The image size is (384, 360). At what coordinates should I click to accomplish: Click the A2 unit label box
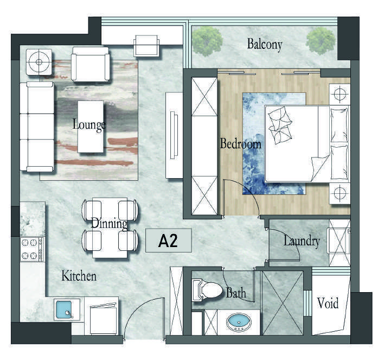168,241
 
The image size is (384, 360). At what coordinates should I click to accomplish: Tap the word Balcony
265,45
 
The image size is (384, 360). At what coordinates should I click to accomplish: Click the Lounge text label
89,125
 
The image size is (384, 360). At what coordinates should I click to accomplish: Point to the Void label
328,303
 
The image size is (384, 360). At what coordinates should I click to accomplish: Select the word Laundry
302,242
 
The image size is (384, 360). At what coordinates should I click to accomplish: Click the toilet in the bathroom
207,289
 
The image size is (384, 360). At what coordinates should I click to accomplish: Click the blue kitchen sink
64,310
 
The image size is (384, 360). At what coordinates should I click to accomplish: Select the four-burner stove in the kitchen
32,249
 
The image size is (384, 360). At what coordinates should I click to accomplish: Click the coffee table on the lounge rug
91,127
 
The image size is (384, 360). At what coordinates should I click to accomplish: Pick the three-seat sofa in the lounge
37,127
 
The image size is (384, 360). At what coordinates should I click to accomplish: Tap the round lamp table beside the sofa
39,62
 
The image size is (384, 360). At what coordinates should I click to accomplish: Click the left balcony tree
207,41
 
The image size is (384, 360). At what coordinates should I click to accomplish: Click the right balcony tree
321,41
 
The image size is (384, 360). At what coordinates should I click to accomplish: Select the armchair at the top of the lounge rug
91,64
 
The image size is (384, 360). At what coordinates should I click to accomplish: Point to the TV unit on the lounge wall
174,135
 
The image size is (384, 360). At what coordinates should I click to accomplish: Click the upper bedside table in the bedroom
340,94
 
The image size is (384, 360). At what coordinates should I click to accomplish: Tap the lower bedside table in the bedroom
340,193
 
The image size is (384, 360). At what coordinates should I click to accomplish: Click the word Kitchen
79,276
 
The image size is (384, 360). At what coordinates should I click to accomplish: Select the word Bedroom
241,143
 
